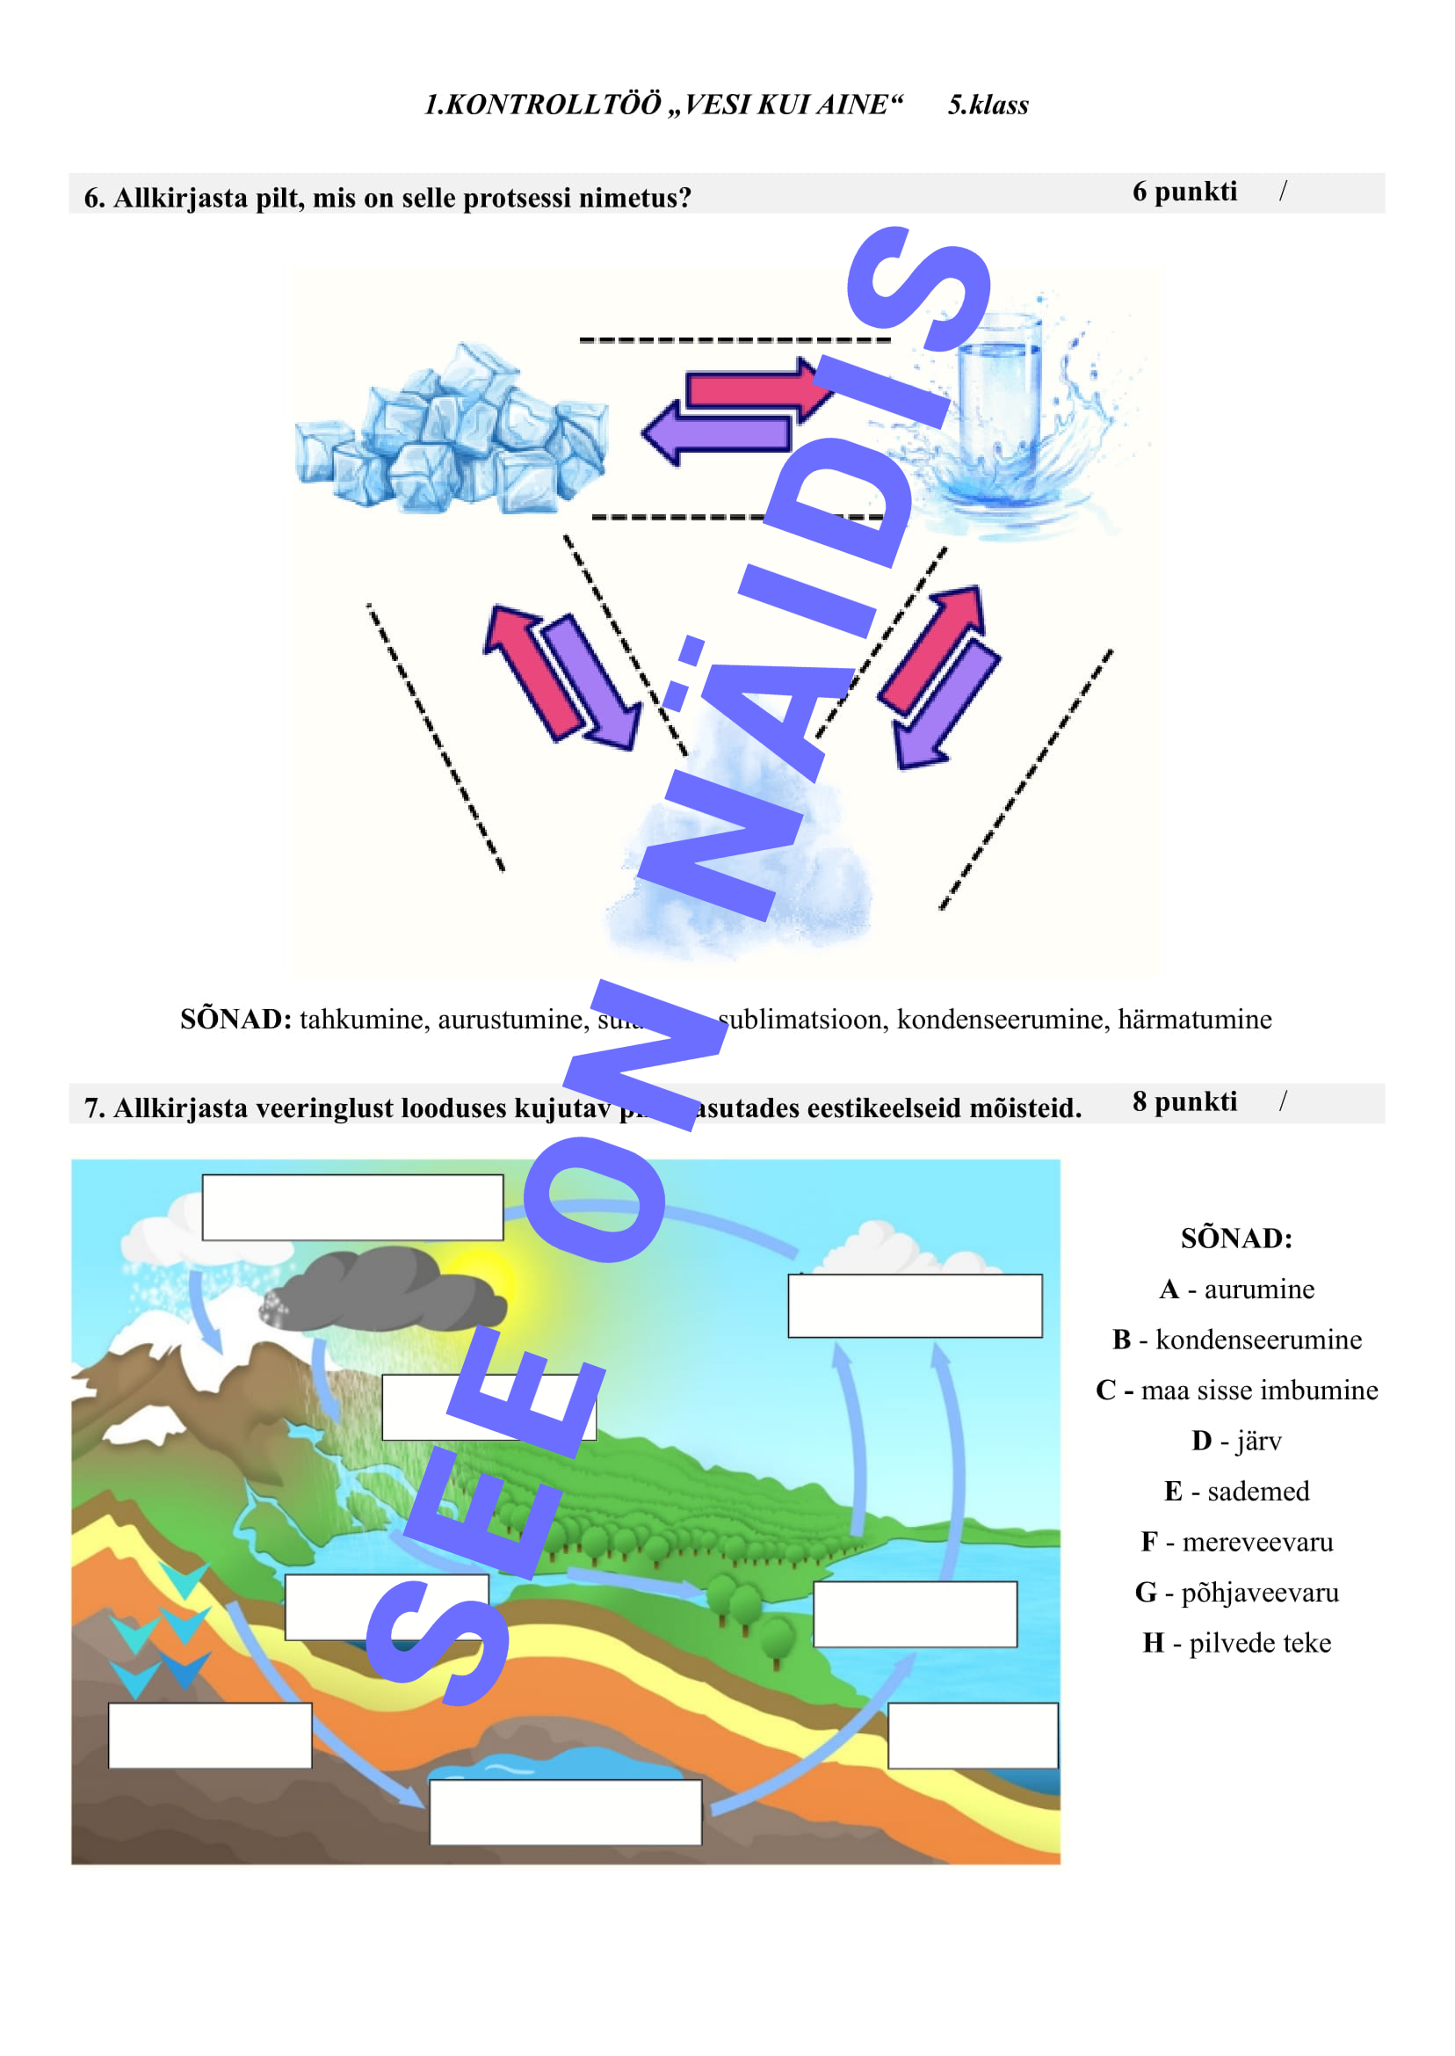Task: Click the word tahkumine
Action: click(361, 1019)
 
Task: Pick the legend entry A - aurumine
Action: click(1236, 1289)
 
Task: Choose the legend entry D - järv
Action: click(1236, 1441)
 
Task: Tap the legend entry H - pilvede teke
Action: click(1236, 1643)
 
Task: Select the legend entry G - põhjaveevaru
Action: click(1236, 1593)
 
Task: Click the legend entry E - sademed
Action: click(1236, 1492)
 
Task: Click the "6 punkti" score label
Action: click(1184, 192)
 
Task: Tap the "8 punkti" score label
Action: click(1184, 1101)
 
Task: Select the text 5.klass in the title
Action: click(988, 105)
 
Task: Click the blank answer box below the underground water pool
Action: click(564, 1813)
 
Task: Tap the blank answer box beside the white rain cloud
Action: click(352, 1207)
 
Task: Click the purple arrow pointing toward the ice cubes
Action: click(717, 433)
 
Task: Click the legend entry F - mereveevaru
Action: click(1236, 1542)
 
